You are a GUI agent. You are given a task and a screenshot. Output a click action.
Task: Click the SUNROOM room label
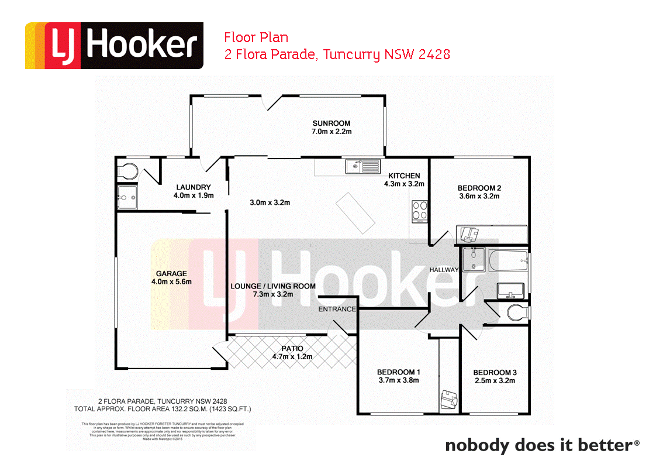[x=331, y=123]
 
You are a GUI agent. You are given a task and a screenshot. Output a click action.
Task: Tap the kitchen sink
[x=362, y=167]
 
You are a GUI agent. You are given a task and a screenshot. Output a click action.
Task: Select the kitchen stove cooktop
[x=420, y=210]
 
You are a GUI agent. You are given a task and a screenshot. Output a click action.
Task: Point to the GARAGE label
[x=171, y=273]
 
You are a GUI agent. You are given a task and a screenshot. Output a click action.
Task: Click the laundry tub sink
[x=127, y=197]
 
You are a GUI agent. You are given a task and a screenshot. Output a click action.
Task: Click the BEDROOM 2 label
[x=479, y=188]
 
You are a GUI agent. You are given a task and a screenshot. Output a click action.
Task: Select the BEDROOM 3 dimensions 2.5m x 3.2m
[x=495, y=381]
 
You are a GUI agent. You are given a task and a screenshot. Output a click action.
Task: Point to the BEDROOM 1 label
[x=399, y=372]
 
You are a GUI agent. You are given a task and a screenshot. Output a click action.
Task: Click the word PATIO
[x=292, y=348]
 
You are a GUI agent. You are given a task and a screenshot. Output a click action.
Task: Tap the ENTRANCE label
[x=337, y=309]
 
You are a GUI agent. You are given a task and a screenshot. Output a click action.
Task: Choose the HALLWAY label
[x=444, y=270]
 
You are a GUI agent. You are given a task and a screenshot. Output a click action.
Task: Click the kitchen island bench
[x=355, y=211]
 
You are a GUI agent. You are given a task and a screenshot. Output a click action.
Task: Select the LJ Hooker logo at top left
[x=114, y=46]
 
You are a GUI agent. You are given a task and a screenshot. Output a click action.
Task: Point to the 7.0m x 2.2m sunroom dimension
[x=331, y=132]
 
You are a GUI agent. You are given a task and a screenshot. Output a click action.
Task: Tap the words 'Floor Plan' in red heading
[x=256, y=38]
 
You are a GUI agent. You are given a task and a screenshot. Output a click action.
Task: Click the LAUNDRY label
[x=193, y=187]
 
